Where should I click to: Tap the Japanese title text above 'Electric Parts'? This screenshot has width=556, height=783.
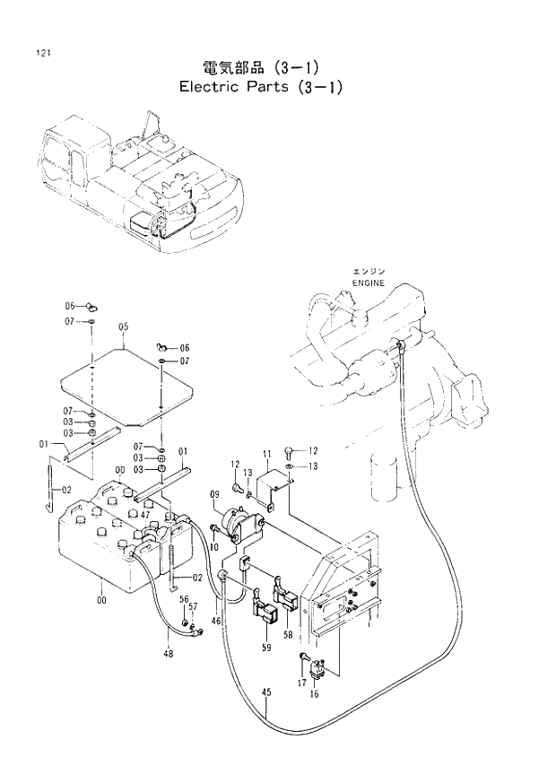coord(261,67)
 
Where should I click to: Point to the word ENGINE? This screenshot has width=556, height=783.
coord(368,283)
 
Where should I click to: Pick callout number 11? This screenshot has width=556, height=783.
coord(266,453)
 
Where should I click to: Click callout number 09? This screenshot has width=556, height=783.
coord(215,494)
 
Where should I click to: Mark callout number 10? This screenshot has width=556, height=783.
coord(214,546)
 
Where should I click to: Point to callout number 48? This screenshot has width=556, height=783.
coord(168,653)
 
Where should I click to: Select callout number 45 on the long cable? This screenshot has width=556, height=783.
coord(265,692)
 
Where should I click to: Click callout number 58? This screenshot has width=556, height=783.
coord(288,635)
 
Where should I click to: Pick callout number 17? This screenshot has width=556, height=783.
coord(302,683)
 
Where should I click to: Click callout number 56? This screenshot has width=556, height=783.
coord(183,599)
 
